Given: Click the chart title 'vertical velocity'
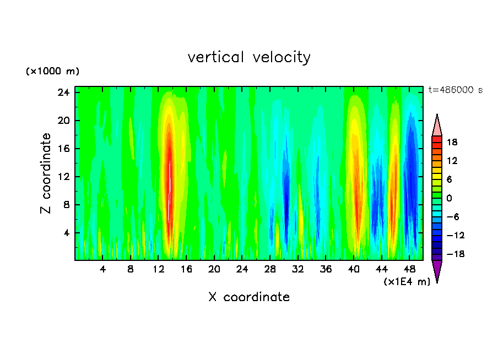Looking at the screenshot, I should click(x=249, y=57).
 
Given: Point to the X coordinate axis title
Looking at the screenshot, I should click(x=249, y=297).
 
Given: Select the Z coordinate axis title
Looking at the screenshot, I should click(x=46, y=173).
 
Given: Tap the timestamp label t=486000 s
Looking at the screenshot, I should click(x=455, y=90).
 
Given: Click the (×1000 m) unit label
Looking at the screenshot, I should click(x=52, y=72).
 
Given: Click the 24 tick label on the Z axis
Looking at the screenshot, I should click(x=64, y=92).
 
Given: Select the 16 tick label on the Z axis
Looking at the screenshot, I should click(x=64, y=149).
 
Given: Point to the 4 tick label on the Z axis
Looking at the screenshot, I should click(x=66, y=233).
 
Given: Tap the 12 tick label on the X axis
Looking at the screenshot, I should click(x=159, y=270).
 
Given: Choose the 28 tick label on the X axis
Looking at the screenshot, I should click(x=270, y=270).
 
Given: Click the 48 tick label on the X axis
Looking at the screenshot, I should click(x=409, y=270).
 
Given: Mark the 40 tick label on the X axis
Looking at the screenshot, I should click(x=354, y=270).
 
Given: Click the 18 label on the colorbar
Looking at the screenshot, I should click(x=452, y=142).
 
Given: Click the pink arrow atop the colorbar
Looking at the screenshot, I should click(x=437, y=126).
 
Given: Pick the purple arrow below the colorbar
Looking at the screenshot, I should click(x=437, y=271).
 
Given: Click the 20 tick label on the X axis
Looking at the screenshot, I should click(x=214, y=270).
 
